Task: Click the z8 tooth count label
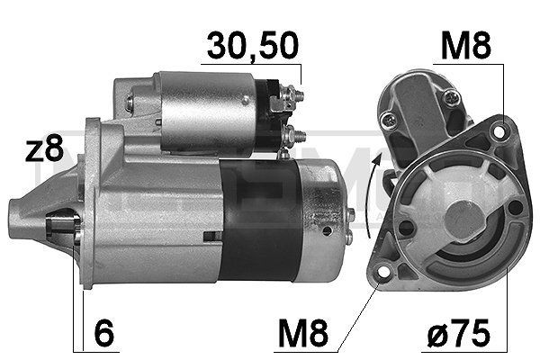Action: pyautogui.click(x=42, y=150)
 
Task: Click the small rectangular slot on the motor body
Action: pyautogui.click(x=211, y=236)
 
